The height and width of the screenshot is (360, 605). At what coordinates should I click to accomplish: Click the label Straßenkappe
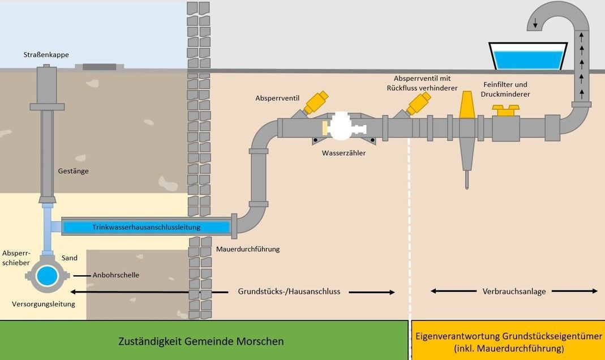46,55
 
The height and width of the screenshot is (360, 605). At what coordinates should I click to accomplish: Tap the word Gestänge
73,170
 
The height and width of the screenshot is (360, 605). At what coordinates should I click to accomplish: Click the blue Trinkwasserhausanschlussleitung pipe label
147,227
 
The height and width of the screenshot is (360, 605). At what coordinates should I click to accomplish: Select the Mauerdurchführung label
248,249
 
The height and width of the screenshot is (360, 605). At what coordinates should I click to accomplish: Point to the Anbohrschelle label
117,275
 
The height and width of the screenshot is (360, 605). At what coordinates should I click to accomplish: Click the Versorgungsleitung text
44,304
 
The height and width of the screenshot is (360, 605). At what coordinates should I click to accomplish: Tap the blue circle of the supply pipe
48,276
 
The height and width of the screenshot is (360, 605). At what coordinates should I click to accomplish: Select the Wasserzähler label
344,153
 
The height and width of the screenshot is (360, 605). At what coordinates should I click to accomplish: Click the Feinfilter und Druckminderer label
505,88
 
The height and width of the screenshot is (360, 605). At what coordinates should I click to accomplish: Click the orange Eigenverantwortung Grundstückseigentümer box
508,341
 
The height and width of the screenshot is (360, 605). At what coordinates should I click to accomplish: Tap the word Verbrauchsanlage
514,292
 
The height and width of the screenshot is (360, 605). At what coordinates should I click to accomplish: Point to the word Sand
70,258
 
